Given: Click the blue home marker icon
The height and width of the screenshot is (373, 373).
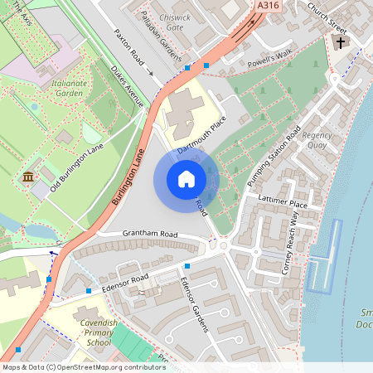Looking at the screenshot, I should (186, 179).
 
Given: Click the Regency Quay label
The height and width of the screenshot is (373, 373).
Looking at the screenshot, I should (317, 140).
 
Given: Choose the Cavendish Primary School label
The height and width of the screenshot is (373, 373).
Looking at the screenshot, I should (92, 331).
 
